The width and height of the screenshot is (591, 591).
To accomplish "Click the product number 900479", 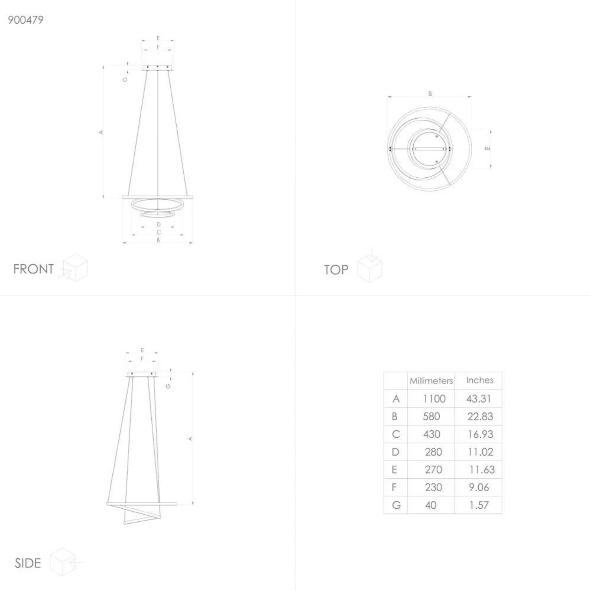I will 26,20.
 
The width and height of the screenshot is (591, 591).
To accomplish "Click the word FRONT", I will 33,269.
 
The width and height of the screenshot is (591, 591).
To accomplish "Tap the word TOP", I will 336,270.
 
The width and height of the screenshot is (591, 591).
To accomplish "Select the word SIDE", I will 28,563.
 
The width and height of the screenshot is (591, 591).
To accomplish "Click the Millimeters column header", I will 431,381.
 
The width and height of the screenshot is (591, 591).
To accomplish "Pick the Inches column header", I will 479,380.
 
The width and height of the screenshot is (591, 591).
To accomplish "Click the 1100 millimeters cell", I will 434,399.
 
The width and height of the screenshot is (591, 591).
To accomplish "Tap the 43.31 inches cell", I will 479,399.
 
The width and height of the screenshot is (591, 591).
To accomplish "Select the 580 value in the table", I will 431,416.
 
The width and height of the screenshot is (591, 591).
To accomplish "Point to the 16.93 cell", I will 480,434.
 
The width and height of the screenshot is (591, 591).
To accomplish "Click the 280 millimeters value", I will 433,452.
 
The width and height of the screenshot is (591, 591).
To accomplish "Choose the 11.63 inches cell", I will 481,470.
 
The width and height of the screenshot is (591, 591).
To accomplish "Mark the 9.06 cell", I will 479,487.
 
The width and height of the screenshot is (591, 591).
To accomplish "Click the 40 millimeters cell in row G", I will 431,505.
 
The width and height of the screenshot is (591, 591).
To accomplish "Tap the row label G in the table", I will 396,505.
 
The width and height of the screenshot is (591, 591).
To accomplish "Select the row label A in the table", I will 396,399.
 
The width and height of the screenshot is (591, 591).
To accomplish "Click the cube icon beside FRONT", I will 75,268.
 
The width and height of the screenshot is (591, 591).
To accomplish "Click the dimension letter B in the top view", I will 430,94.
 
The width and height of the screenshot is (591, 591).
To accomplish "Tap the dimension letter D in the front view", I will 158,225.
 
